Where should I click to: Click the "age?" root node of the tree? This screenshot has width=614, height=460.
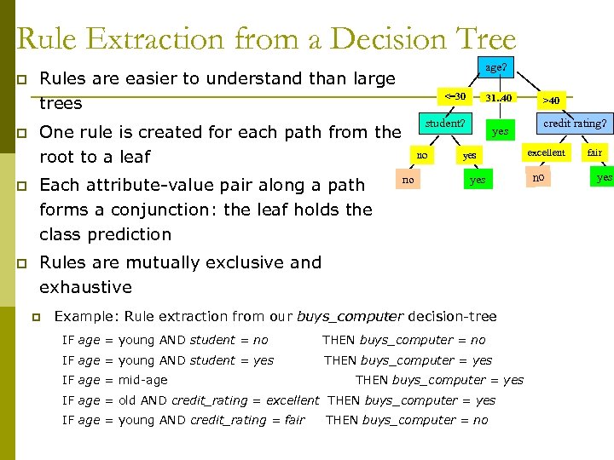495,67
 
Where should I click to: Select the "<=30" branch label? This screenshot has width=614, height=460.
455,96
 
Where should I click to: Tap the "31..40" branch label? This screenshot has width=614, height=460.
498,98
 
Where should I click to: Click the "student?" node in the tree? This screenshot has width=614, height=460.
445,123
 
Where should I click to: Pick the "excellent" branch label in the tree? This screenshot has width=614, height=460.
546,152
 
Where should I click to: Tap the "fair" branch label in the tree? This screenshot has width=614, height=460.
594,152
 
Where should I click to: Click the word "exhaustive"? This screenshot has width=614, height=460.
86,287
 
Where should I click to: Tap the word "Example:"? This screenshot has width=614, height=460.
86,317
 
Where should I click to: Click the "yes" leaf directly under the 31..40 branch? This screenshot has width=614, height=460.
500,131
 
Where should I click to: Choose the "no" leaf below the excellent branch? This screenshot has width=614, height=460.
537,178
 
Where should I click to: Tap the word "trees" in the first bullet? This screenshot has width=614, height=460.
61,103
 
